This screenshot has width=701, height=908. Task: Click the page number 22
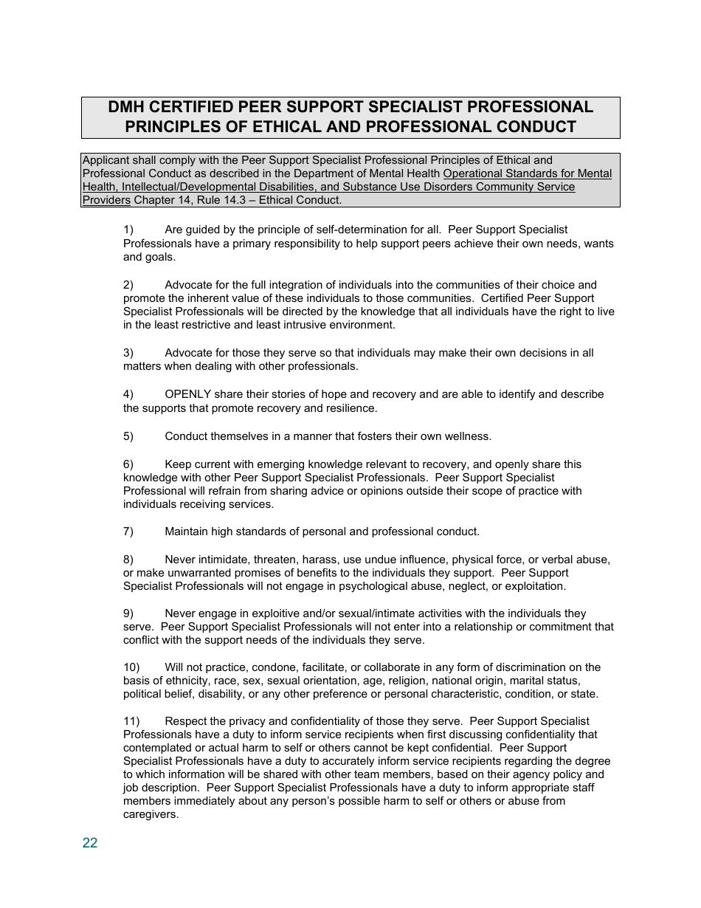tap(90, 843)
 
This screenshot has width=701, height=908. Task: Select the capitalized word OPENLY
tap(188, 394)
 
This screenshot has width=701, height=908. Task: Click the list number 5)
tap(128, 436)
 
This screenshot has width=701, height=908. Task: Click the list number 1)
tap(128, 230)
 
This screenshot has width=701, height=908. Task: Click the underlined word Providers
tap(106, 200)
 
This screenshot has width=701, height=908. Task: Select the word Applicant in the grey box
tap(106, 160)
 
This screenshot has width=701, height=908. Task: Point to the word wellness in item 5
tap(468, 436)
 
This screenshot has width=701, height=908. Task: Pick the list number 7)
tap(128, 532)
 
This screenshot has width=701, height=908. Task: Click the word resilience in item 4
tap(350, 408)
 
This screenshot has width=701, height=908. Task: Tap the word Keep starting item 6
tap(177, 464)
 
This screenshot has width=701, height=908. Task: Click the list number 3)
tap(128, 353)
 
